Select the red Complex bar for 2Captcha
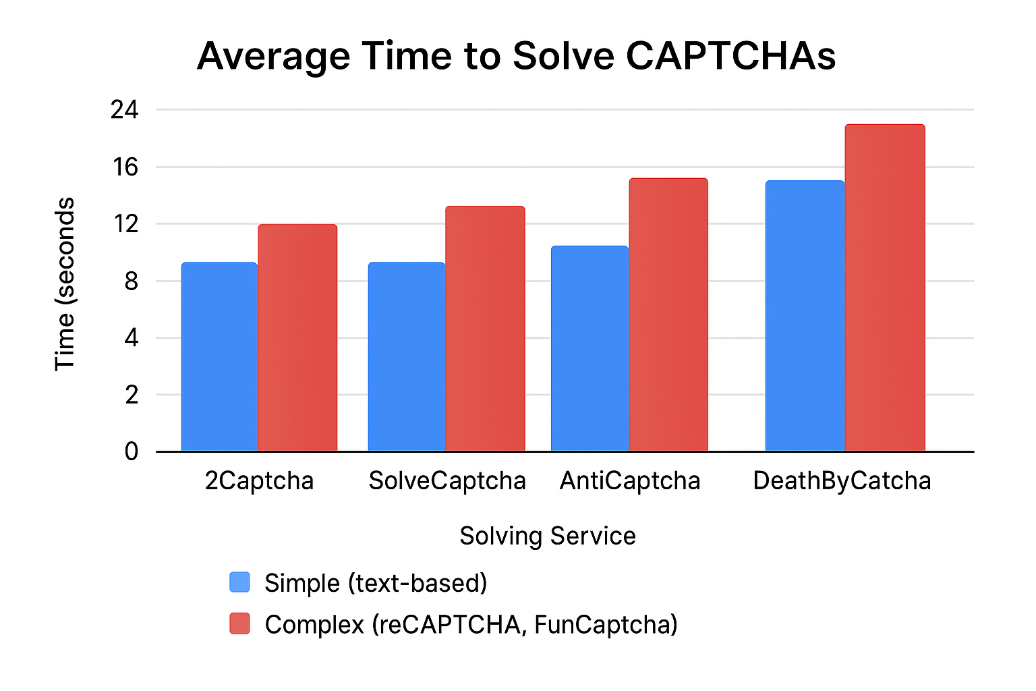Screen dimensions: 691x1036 (x=297, y=337)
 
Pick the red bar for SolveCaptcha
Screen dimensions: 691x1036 (x=485, y=329)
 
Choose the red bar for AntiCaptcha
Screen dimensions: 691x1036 (x=668, y=314)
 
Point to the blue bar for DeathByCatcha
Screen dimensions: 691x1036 (x=805, y=316)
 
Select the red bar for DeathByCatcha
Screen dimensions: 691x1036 (x=885, y=287)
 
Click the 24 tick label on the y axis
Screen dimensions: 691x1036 (x=124, y=109)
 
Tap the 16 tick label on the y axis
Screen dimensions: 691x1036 (x=125, y=167)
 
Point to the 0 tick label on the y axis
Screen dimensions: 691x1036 (x=131, y=451)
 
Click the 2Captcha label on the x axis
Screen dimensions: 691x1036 (x=259, y=481)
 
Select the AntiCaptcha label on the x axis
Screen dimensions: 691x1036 (x=630, y=481)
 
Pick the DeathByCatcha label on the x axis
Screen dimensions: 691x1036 (x=842, y=481)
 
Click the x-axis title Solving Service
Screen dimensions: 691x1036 (x=547, y=536)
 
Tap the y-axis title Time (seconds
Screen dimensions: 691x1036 (x=65, y=283)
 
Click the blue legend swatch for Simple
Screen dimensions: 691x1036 (x=239, y=582)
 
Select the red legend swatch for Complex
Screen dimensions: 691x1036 (x=239, y=624)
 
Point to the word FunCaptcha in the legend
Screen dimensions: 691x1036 (x=606, y=625)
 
